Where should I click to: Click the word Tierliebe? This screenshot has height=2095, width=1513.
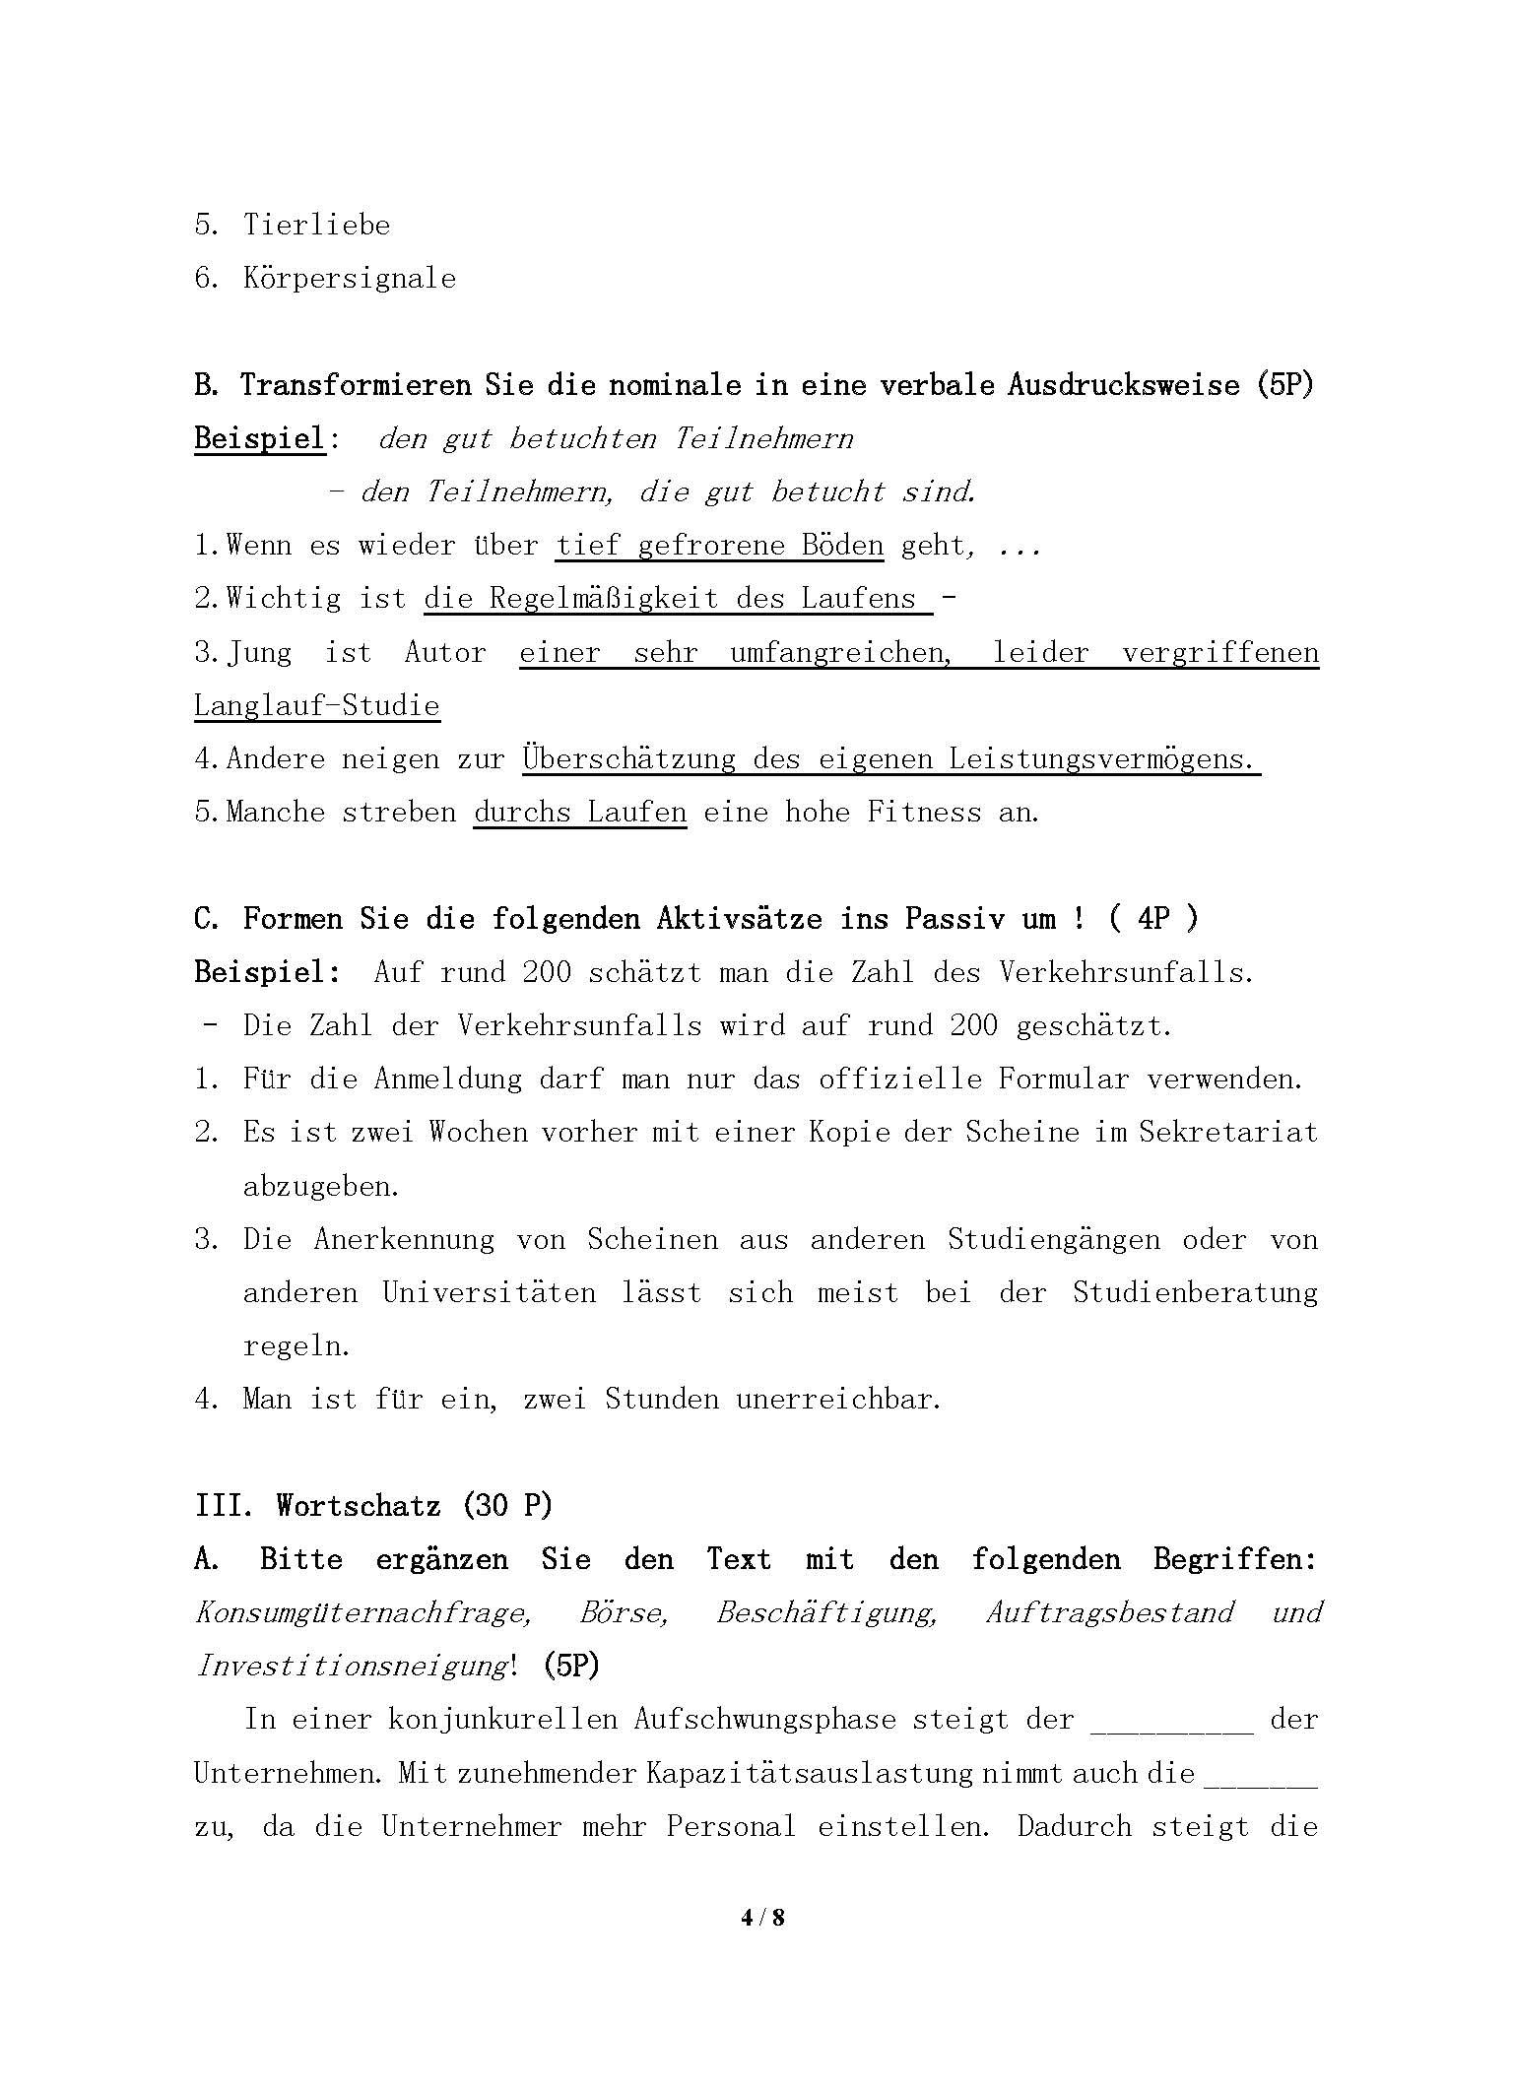[x=316, y=226]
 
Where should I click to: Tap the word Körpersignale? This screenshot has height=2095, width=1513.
[x=350, y=279]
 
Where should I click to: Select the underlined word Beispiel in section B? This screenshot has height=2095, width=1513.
[x=259, y=438]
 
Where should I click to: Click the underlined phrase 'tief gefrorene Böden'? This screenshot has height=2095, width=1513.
[x=719, y=546]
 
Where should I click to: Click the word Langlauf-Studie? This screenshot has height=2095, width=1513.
[x=316, y=706]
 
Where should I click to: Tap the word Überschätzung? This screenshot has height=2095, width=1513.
[x=628, y=759]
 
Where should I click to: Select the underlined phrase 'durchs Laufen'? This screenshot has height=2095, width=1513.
[x=580, y=813]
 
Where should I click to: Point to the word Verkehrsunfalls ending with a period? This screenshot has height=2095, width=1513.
[x=1126, y=973]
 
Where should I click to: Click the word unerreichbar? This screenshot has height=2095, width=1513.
[x=838, y=1400]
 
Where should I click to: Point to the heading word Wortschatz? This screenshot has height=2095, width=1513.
[x=358, y=1506]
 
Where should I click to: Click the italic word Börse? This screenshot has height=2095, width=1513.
[x=624, y=1613]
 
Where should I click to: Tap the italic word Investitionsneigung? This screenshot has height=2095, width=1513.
[x=352, y=1667]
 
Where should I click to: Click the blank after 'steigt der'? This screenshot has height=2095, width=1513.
[x=1171, y=1720]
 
